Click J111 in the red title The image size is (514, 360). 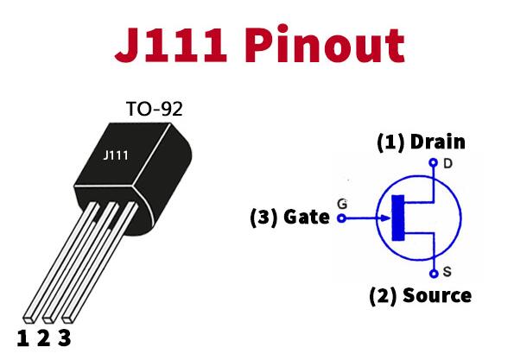coord(171,45)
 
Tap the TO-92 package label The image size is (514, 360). coord(154,109)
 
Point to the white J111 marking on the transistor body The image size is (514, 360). coord(116,155)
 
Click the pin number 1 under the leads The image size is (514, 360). coord(22,338)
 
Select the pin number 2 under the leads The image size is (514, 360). coord(43,338)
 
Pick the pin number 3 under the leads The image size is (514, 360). coord(65,338)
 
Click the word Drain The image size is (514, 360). coord(438,142)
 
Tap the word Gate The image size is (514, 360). coord(306,217)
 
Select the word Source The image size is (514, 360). coord(437,295)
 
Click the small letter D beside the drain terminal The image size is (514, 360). coord(447,163)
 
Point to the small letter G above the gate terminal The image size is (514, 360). coord(342,204)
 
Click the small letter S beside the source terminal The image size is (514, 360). coord(447,271)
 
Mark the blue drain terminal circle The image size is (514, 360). coord(434,162)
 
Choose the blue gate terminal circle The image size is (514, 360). coord(341,218)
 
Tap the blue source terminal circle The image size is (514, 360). coord(434,274)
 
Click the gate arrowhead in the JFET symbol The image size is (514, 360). coord(384,218)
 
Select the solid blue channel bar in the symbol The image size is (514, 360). coord(398,218)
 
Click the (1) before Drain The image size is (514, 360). coord(390,142)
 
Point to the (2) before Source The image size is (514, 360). coord(383,296)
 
